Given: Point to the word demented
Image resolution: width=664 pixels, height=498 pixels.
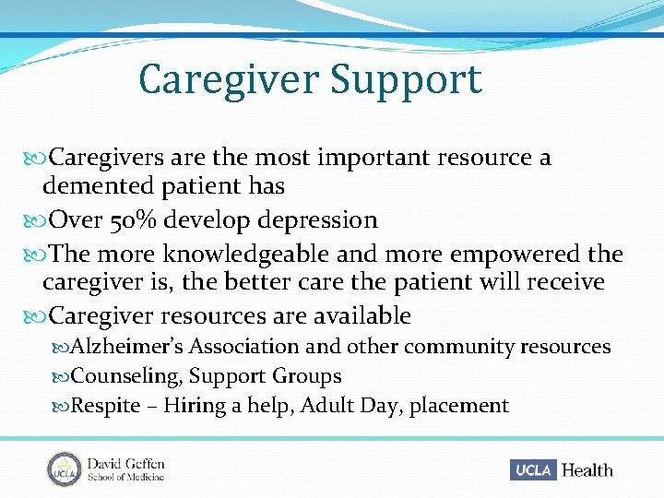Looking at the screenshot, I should click(x=98, y=187).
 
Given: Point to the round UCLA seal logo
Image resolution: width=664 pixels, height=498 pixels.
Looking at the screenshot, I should click(x=65, y=469).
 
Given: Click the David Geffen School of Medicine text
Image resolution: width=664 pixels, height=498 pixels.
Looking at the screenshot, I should click(x=126, y=469).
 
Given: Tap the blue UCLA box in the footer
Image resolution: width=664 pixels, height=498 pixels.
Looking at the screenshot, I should click(x=532, y=470).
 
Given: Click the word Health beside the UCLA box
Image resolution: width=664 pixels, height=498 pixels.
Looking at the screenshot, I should click(x=587, y=470).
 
